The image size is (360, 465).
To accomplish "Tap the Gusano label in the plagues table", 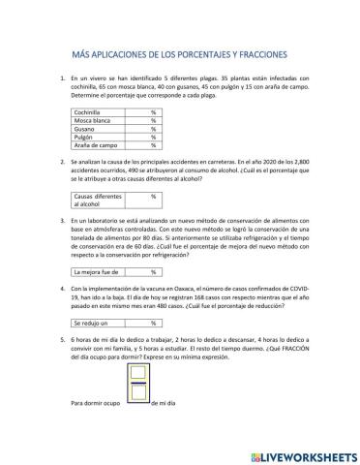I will click(x=87, y=128).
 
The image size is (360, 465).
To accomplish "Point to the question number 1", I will click(x=63, y=75).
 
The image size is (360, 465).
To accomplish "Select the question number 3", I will click(x=63, y=221).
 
